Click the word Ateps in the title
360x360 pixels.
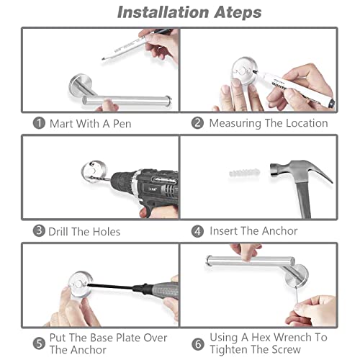(238, 12)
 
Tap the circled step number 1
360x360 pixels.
(39, 123)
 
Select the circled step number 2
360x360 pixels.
(197, 123)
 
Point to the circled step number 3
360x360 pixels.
(39, 231)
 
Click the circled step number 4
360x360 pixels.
(197, 231)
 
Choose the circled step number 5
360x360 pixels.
(39, 343)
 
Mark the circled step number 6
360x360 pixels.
(198, 344)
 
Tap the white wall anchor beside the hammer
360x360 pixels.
(244, 173)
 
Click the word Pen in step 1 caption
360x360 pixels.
(122, 124)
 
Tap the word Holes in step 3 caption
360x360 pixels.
(107, 232)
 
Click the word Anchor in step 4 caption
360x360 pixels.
(279, 231)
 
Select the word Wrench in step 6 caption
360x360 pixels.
(293, 337)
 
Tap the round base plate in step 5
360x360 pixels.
(80, 284)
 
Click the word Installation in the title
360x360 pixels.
(163, 12)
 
